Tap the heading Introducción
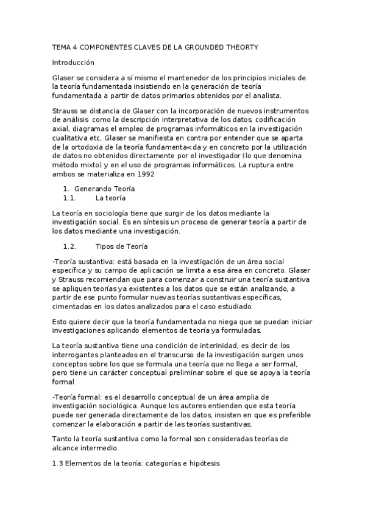coord(74,62)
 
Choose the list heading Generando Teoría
coord(100,189)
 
